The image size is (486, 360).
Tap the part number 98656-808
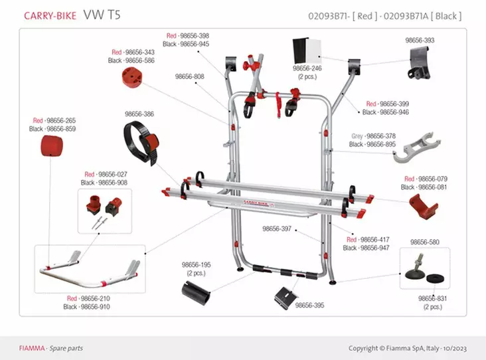tap(190, 76)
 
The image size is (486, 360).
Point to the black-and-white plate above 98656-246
tap(307, 51)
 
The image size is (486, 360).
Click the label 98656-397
tap(277, 228)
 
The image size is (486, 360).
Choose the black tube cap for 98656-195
tap(197, 289)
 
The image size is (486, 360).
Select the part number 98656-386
tap(139, 114)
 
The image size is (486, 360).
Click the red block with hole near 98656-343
tap(135, 77)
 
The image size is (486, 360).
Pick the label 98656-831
tap(432, 299)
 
